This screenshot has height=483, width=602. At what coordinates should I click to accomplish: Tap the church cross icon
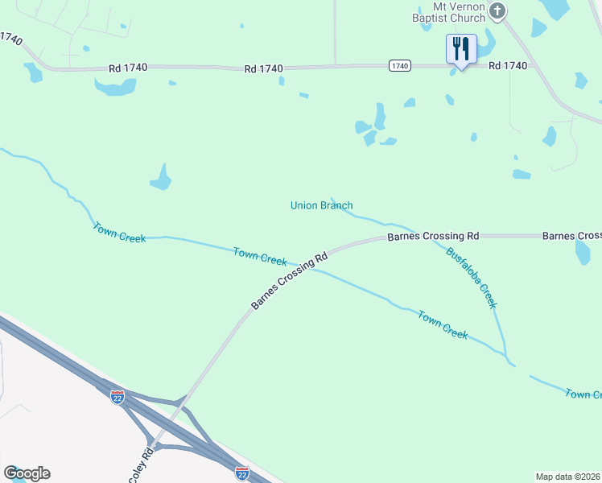(497, 10)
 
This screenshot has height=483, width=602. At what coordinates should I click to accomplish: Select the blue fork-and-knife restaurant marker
(461, 48)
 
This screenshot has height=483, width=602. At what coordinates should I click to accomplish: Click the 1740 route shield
(399, 65)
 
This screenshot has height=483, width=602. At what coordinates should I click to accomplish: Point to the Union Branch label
(321, 206)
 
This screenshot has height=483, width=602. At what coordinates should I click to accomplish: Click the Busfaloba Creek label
(472, 277)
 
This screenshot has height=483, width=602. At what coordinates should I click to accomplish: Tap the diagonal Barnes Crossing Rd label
(291, 281)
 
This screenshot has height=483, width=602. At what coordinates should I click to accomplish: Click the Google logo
(27, 473)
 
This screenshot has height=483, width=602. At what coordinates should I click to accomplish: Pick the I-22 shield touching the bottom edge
(241, 473)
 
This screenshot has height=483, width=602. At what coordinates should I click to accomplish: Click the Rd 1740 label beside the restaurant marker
(507, 66)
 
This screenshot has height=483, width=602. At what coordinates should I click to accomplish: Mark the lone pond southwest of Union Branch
(161, 178)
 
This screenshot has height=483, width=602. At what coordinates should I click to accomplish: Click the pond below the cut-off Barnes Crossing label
(583, 253)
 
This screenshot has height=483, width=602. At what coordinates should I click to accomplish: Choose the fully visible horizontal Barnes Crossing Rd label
(433, 237)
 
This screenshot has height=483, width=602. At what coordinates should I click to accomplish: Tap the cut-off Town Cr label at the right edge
(583, 394)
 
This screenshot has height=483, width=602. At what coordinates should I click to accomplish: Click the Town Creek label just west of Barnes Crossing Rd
(260, 256)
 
